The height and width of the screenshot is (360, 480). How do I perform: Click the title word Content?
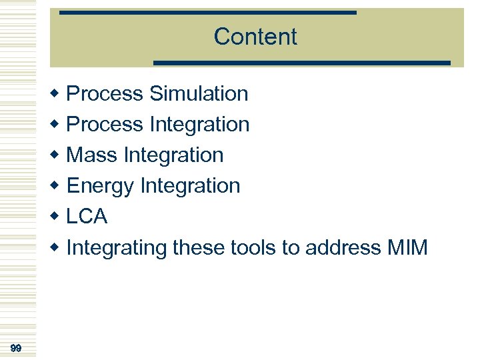click(x=255, y=37)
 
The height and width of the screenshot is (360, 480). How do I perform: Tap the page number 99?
click(x=17, y=348)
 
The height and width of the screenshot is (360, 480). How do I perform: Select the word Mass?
click(x=93, y=155)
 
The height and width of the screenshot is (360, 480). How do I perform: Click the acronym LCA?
click(x=87, y=217)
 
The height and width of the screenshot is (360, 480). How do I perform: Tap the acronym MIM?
click(x=407, y=248)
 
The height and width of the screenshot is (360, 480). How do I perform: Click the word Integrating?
click(x=117, y=249)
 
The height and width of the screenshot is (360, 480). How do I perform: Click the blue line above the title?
click(x=207, y=13)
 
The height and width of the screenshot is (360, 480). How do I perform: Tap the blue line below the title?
click(x=302, y=63)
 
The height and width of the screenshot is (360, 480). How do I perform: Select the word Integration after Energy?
click(x=190, y=186)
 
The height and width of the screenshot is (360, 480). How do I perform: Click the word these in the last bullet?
click(x=199, y=248)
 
